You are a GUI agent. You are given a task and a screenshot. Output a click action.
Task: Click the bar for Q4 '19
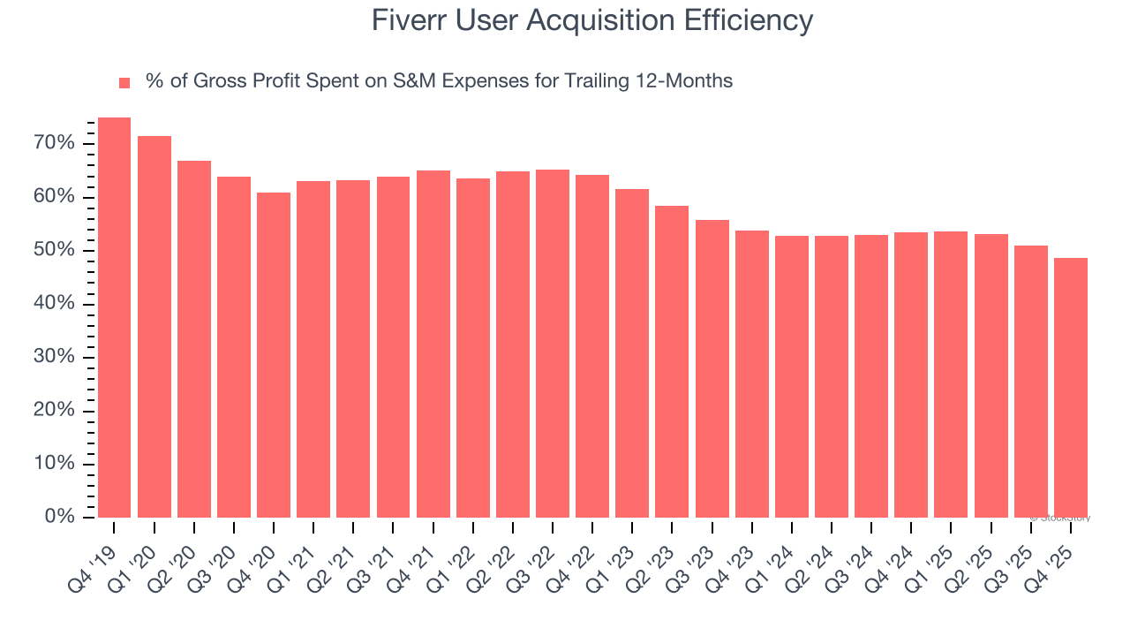pos(114,318)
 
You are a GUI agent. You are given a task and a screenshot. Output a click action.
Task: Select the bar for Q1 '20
pos(154,327)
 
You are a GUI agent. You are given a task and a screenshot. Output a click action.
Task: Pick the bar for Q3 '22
pos(553,344)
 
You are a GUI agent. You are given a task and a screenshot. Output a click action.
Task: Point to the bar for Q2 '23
pos(672,362)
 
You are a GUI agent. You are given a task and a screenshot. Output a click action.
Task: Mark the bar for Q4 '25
pos(1070,388)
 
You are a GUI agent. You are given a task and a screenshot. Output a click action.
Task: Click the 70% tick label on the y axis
pos(55,143)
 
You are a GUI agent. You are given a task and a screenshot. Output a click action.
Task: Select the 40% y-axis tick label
pos(55,304)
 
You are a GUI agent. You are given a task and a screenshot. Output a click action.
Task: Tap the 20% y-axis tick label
pos(55,411)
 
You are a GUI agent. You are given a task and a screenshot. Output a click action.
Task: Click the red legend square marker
pos(124,83)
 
